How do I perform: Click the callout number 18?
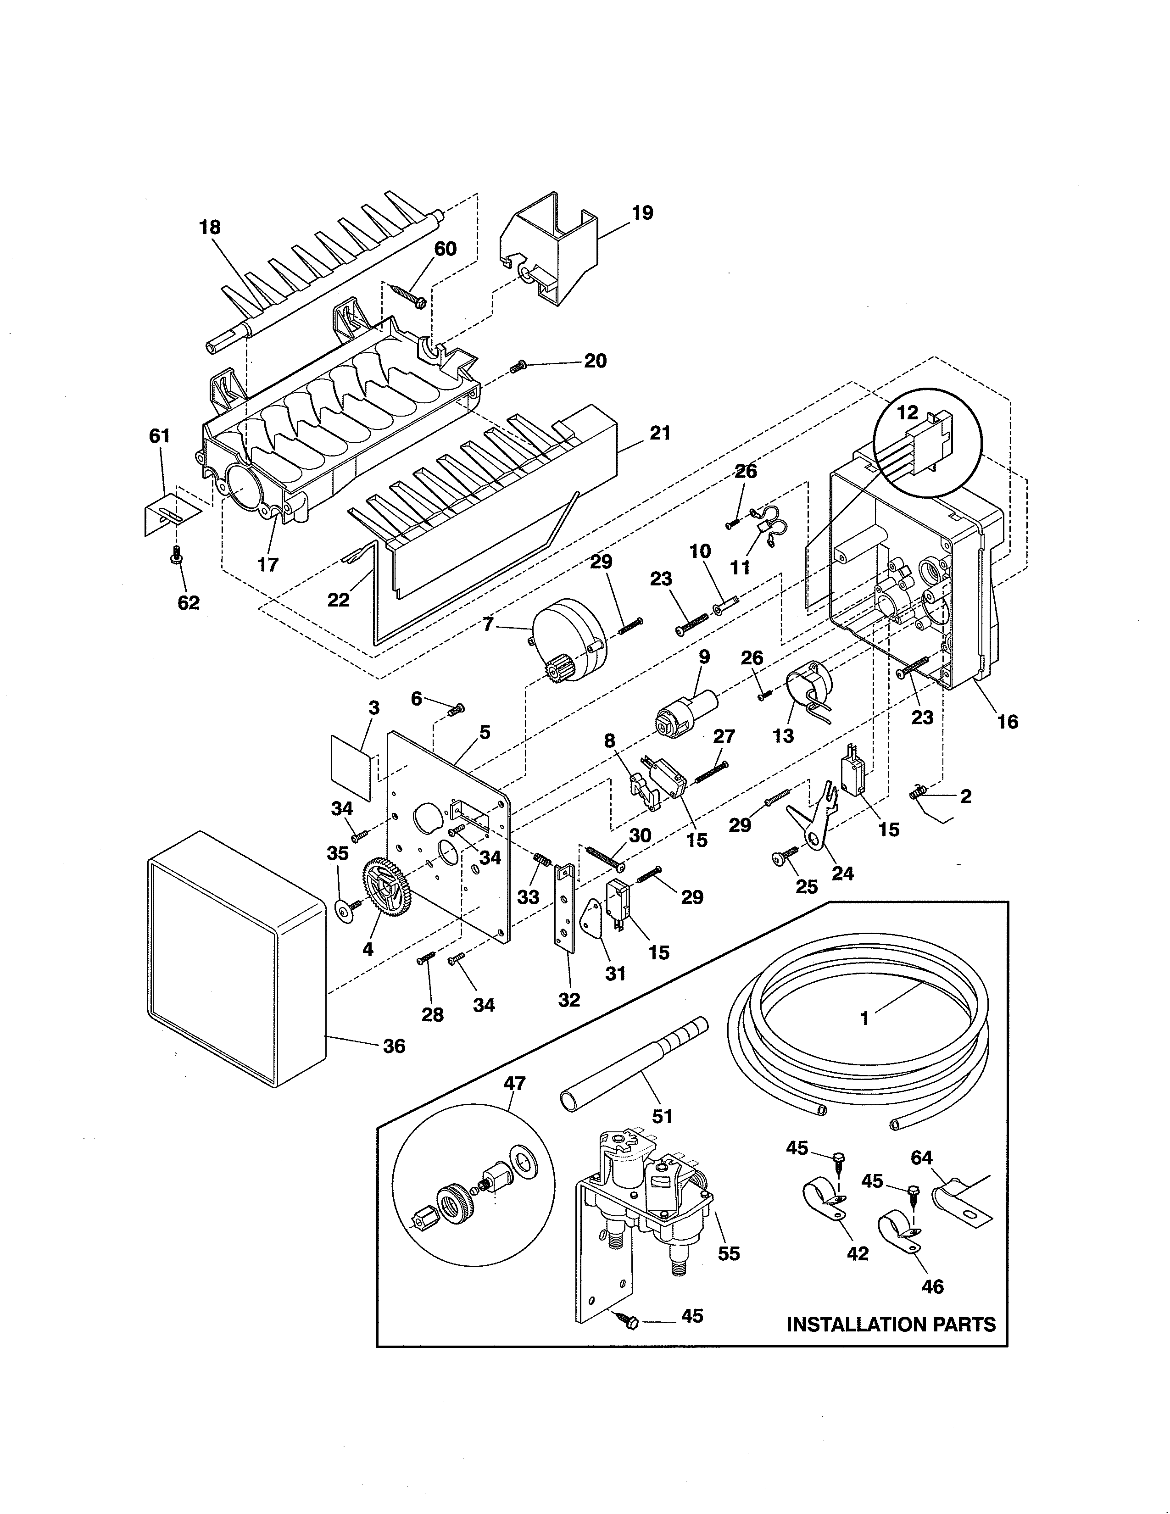tap(210, 228)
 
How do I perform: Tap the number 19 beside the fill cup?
tap(642, 213)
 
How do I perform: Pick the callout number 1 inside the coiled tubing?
tap(864, 1019)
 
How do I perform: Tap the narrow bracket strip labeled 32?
tap(565, 908)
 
